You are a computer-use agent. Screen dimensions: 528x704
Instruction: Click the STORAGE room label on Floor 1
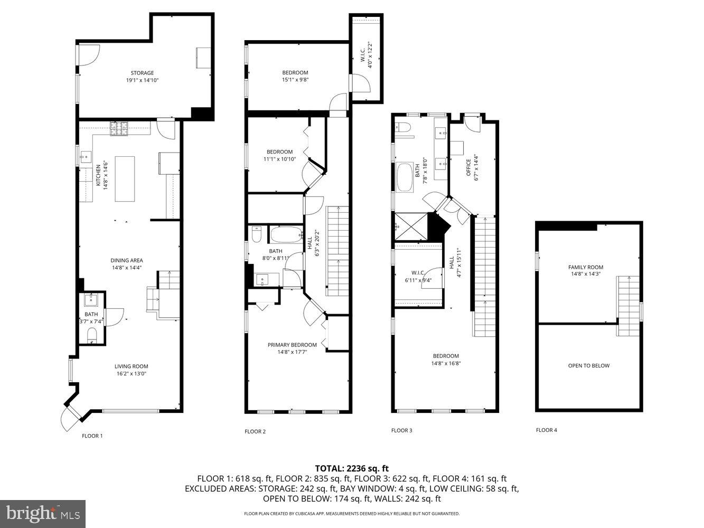click(142, 73)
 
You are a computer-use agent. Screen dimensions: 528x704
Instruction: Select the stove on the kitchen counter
click(119, 128)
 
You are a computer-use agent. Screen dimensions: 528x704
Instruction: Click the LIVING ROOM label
click(132, 366)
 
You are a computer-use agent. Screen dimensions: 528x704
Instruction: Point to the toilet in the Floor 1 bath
click(92, 335)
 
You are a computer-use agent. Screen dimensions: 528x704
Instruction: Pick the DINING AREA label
click(127, 260)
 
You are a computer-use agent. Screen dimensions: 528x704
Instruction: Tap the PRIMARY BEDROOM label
click(292, 345)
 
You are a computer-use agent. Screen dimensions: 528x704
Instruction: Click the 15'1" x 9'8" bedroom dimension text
click(295, 80)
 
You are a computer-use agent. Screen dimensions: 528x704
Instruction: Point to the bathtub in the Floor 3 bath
click(406, 178)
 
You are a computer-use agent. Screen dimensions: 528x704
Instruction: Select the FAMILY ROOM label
click(586, 267)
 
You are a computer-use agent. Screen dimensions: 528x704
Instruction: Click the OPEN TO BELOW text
click(588, 365)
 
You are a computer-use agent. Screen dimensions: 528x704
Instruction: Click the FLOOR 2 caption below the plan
click(255, 431)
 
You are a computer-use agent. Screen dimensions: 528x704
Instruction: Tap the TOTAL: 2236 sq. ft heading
click(352, 468)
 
